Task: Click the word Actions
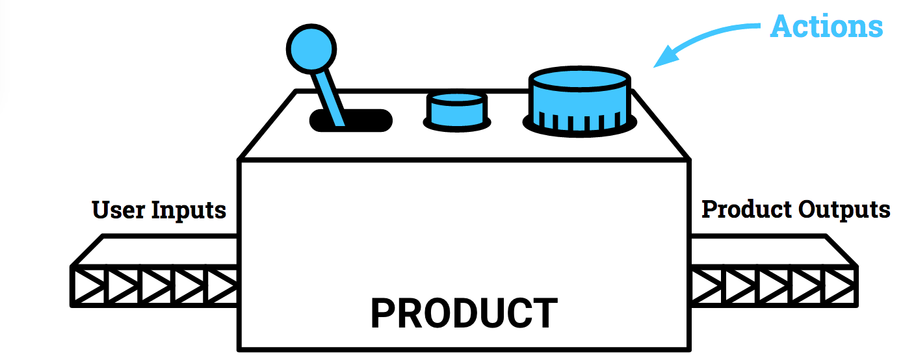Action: (826, 27)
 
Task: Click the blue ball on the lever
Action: (311, 48)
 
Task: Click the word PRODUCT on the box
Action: (464, 313)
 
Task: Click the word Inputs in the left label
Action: (189, 211)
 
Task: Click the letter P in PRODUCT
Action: (383, 313)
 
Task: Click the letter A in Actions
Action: (781, 27)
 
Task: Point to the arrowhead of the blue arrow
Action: (663, 59)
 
